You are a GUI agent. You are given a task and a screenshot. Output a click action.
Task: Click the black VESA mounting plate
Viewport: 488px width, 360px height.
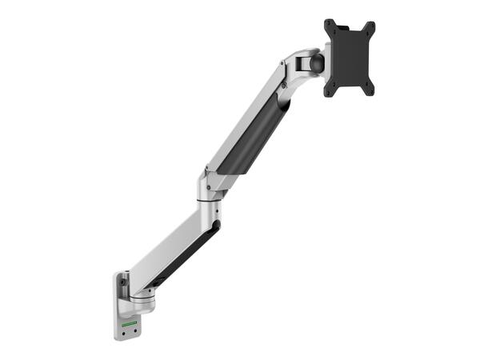tap(350, 58)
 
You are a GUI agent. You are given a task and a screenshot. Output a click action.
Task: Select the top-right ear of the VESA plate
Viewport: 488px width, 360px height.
tap(370, 26)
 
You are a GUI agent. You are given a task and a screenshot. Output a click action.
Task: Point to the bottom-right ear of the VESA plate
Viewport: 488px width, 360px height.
tap(370, 90)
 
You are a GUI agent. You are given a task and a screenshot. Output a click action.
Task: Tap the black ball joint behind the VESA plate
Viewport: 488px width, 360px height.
tap(317, 62)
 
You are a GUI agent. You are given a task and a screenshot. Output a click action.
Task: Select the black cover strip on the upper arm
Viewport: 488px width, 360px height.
tap(250, 136)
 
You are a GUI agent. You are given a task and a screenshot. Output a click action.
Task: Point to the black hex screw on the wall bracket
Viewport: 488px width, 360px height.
tap(122, 282)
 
